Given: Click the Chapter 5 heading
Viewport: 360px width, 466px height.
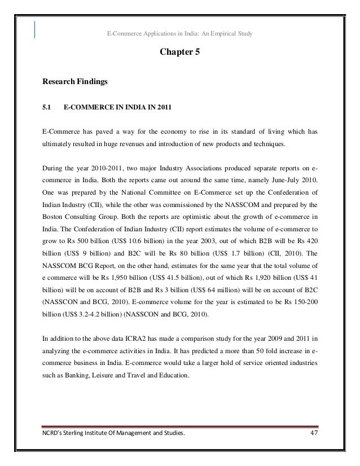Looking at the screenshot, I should (x=180, y=53).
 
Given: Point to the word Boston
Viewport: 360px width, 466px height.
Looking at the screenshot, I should (x=54, y=216).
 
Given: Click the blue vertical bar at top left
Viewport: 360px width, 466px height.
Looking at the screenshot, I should (x=36, y=29).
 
